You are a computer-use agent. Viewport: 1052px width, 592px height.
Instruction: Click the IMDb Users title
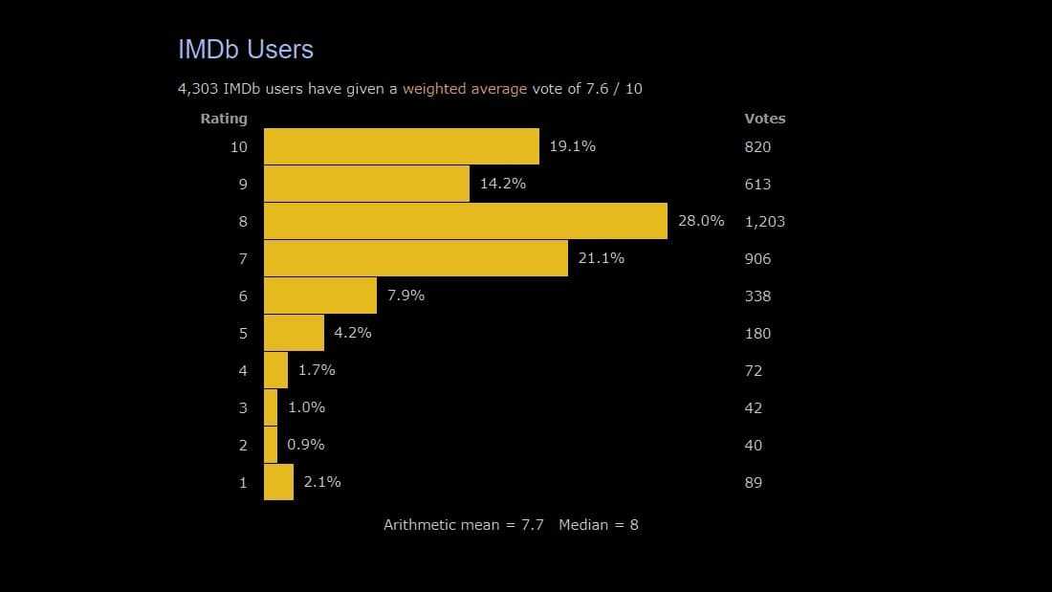(x=246, y=50)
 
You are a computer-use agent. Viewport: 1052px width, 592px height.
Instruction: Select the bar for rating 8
(x=466, y=221)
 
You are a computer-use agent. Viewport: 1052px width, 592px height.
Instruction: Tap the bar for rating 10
(x=402, y=146)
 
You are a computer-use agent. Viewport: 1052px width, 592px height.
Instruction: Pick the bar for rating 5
(x=294, y=333)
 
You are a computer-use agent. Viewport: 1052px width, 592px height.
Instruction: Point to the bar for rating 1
(x=278, y=482)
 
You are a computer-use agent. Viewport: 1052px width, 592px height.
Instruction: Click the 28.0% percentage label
(x=701, y=221)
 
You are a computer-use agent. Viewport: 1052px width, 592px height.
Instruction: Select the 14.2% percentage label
(x=502, y=184)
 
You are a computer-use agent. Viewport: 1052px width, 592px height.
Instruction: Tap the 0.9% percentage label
(x=305, y=445)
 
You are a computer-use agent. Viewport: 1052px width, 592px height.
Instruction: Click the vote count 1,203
(x=764, y=221)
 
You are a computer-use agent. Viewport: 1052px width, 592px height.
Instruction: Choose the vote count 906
(x=757, y=258)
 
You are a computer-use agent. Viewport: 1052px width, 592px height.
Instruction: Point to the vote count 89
(x=754, y=482)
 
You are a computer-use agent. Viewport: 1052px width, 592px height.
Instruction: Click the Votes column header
(x=764, y=119)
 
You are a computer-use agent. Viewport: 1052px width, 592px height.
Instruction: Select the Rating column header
(x=224, y=119)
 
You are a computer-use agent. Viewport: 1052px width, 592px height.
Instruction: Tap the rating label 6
(x=243, y=296)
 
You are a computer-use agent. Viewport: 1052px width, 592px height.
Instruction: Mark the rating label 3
(x=243, y=407)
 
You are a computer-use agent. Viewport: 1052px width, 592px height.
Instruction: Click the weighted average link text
(x=465, y=89)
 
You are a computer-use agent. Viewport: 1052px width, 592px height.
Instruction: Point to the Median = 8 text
(x=599, y=524)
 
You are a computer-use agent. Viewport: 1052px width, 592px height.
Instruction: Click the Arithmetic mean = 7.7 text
(x=464, y=524)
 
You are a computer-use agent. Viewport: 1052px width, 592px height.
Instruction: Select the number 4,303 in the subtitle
(x=198, y=89)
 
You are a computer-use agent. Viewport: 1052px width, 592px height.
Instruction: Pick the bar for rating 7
(x=416, y=258)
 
